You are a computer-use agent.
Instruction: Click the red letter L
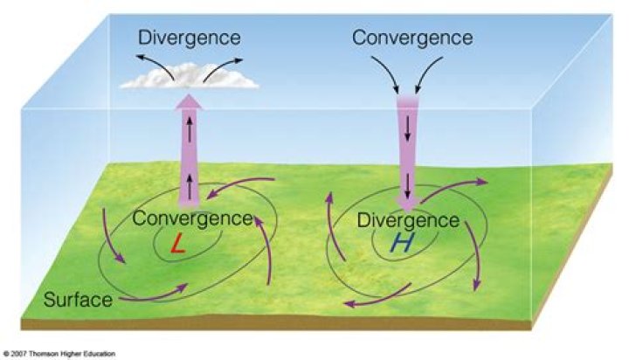coord(177,246)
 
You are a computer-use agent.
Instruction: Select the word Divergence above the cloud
coord(189,38)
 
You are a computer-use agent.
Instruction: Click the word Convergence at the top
coord(411,38)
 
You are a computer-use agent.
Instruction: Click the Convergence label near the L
coord(192,218)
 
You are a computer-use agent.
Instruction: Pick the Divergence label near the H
coord(408,219)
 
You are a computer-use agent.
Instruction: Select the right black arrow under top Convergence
coord(430,75)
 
